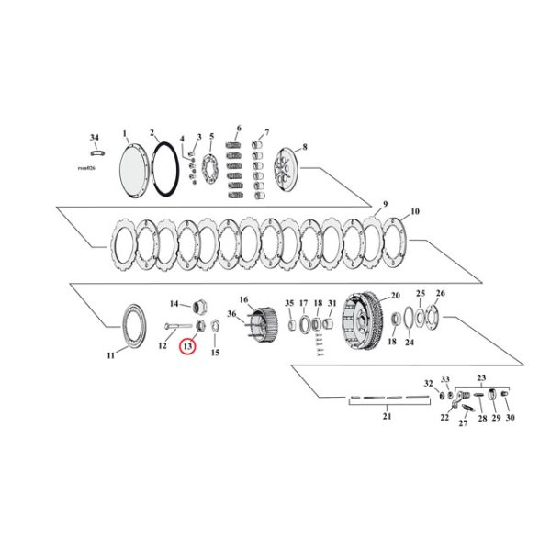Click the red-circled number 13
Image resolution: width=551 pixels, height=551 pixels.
click(187, 346)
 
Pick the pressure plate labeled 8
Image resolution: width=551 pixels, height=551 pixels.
click(288, 173)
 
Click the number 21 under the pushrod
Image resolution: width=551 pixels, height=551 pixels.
click(387, 417)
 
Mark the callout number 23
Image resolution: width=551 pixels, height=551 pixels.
click(480, 377)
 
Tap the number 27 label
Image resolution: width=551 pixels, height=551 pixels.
click(463, 422)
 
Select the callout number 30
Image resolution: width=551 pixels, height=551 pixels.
click(510, 417)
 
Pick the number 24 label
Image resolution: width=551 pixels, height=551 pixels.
click(410, 343)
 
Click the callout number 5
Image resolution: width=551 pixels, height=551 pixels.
click(211, 136)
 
